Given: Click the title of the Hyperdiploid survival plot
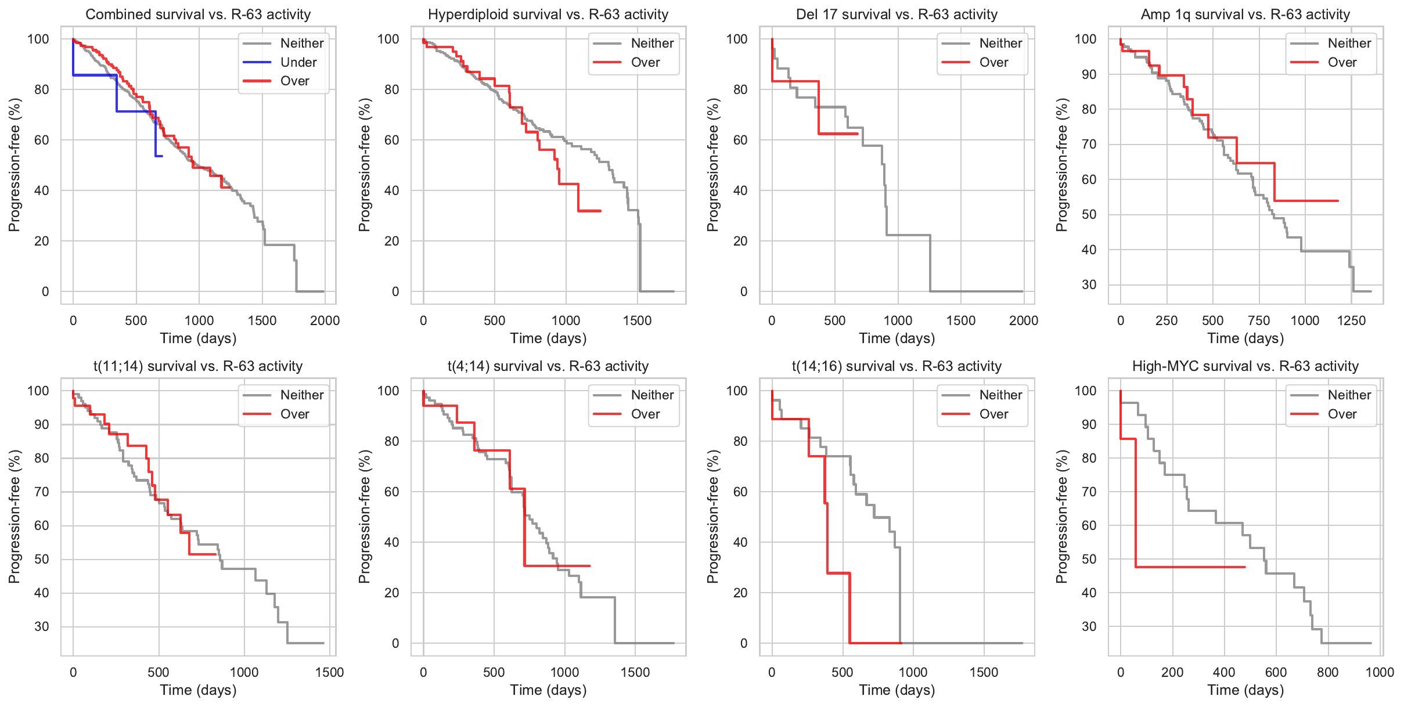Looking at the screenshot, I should (548, 15).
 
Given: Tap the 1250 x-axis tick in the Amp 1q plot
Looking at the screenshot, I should (1351, 320).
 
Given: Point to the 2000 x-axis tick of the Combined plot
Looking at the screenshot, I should (325, 320).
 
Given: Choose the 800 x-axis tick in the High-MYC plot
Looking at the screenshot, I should (1327, 672).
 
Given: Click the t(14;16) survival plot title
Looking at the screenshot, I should (897, 366).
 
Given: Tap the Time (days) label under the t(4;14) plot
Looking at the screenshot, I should (548, 690).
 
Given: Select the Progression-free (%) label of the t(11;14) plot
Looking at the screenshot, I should (14, 517).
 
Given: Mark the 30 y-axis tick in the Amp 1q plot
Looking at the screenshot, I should (1089, 285).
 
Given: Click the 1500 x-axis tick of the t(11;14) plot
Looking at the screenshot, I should (329, 672).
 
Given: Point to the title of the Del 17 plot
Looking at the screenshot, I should (897, 15).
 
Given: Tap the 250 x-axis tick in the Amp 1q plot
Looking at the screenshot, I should (1166, 320).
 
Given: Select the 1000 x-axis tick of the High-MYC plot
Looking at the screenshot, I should (1380, 672).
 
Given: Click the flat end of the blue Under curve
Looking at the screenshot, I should (159, 156).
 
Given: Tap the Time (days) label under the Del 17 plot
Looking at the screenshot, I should (897, 338).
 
